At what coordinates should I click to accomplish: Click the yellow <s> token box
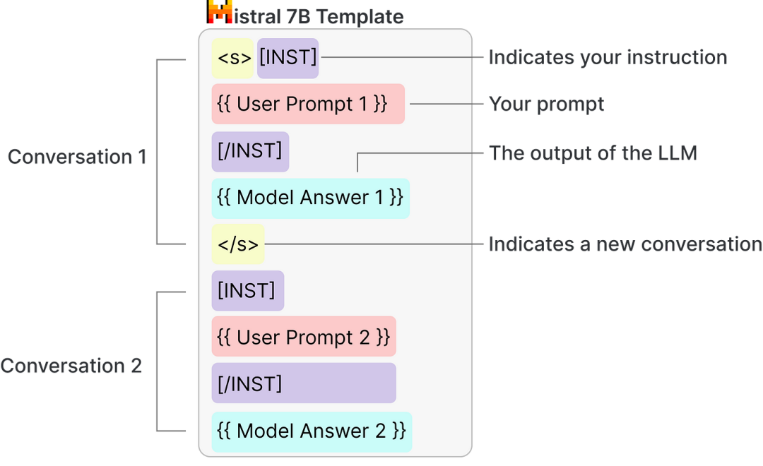232,59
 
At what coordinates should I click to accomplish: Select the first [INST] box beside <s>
288,59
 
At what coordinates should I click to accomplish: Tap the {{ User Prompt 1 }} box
308,104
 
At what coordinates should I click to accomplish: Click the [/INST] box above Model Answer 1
250,152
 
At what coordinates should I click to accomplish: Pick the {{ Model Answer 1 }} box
310,198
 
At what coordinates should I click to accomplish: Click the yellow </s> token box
238,244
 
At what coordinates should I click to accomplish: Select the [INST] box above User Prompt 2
248,291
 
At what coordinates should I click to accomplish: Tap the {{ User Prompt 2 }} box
304,337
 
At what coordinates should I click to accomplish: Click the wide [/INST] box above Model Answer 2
304,383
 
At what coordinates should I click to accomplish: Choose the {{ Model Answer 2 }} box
312,432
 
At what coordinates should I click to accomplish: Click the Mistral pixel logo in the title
220,12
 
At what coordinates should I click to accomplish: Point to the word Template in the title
360,16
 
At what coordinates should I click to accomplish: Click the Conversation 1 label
77,157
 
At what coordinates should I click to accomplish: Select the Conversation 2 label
71,366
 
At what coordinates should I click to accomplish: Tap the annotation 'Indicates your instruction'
608,57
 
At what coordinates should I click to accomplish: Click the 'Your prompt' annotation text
546,104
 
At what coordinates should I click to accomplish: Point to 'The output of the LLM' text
593,153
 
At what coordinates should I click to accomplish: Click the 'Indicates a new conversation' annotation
625,244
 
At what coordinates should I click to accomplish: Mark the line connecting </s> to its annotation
374,244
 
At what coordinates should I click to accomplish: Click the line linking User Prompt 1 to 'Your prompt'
446,104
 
